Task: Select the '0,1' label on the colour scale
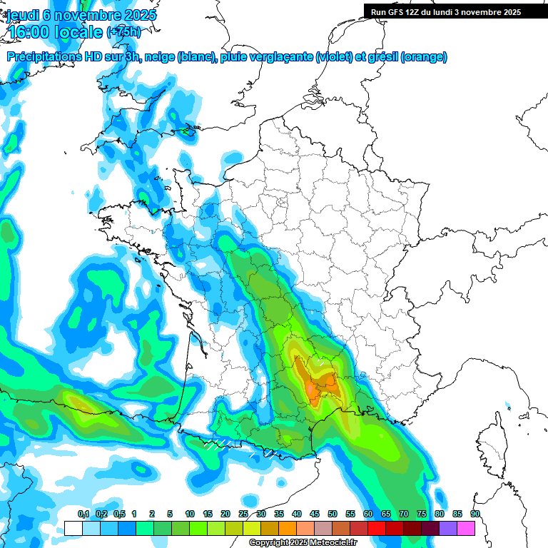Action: (83, 514)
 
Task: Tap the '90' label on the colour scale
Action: (475, 514)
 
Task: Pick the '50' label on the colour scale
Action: (333, 514)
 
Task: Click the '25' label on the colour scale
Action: (243, 514)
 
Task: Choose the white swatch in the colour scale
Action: (73, 529)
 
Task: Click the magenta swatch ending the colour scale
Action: (466, 529)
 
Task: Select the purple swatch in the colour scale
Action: (448, 529)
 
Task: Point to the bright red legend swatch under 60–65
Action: (377, 529)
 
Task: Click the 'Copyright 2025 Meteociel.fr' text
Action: (303, 543)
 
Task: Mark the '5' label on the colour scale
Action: (170, 514)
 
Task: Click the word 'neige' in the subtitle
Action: (159, 57)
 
